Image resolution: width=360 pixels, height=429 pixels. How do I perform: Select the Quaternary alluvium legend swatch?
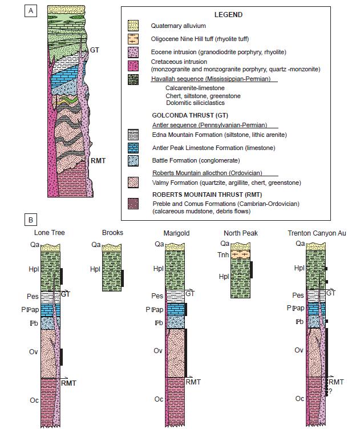coord(134,26)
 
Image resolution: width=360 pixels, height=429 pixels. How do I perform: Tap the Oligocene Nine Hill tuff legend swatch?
coord(134,38)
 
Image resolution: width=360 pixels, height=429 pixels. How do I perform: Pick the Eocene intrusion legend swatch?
coord(134,50)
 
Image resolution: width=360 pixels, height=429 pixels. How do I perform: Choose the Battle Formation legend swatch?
coord(134,161)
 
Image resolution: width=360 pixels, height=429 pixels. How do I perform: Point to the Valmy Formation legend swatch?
coord(134,183)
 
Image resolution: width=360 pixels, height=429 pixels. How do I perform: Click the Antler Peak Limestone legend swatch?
coord(134,148)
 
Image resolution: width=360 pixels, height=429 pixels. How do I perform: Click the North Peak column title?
coord(242,233)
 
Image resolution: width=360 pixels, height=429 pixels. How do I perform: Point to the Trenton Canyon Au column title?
coord(318,233)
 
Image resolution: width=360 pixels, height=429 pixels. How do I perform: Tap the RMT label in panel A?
coord(98,161)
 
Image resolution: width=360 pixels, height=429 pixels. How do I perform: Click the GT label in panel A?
coord(95,50)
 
